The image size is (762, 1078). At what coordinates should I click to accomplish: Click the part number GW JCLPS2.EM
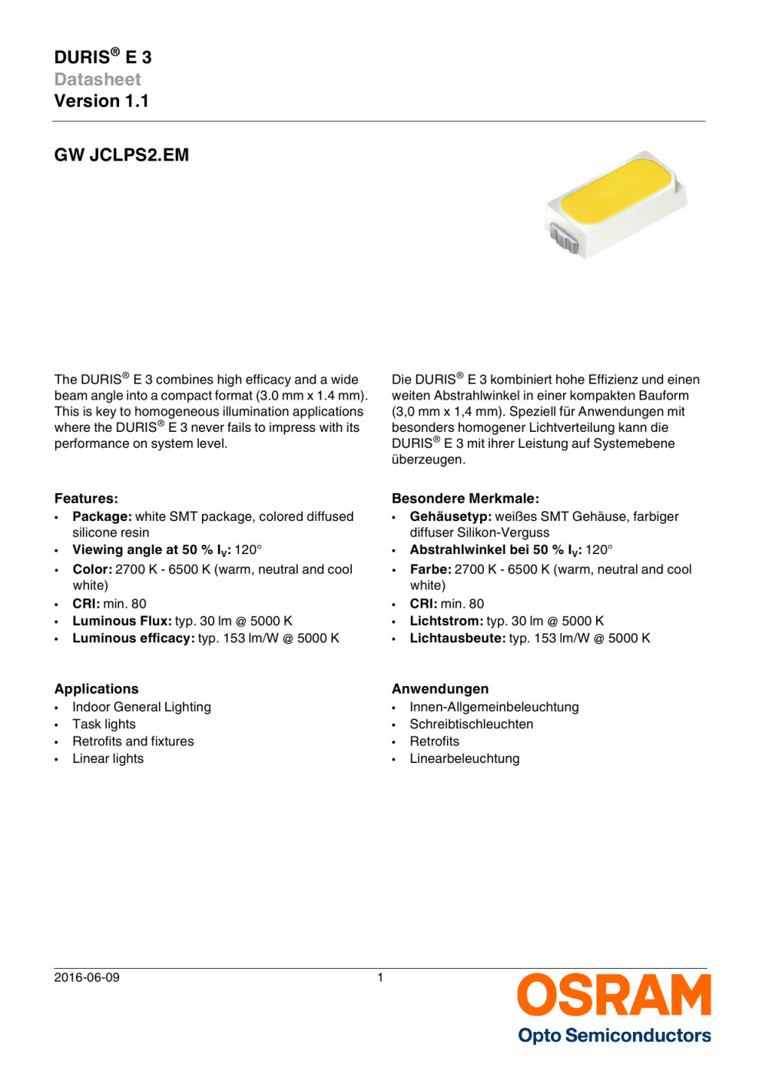tap(121, 155)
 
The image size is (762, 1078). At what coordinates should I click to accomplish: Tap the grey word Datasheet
tap(98, 80)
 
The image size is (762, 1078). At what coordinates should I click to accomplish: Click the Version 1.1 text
tap(101, 101)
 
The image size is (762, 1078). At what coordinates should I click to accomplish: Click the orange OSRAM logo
tap(614, 996)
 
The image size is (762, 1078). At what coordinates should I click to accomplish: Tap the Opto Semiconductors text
tap(614, 1036)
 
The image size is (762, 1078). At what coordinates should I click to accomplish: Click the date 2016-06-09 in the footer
tap(87, 977)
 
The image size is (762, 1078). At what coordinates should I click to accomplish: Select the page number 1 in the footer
tap(380, 977)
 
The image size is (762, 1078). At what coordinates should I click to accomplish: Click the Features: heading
tap(86, 499)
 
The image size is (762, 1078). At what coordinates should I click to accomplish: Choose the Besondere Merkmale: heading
tap(465, 499)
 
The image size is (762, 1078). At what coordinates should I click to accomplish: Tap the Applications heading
tap(97, 689)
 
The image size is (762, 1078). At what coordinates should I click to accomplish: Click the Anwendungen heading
tap(440, 689)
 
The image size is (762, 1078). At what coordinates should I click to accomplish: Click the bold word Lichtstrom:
tap(446, 621)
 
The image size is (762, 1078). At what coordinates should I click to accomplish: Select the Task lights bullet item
tap(104, 725)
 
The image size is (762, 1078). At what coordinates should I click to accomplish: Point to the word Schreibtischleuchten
tap(471, 725)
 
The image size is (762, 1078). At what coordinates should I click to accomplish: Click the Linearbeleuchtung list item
tap(464, 759)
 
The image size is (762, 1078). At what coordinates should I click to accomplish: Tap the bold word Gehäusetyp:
tap(450, 516)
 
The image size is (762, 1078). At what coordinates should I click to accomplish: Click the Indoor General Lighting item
tap(141, 707)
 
